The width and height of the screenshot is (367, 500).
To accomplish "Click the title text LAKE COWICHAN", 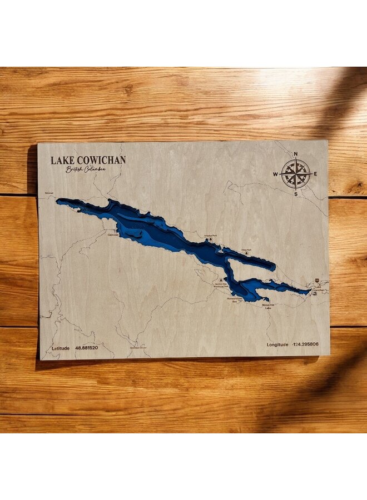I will click(88, 160).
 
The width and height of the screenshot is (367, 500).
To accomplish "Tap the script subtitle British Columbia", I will click(85, 169).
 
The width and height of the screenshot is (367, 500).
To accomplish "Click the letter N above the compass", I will click(295, 153).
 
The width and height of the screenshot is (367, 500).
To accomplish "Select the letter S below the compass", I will click(296, 194).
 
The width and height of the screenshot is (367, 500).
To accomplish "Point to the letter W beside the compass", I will click(275, 174).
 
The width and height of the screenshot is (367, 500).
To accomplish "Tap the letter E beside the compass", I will click(316, 174).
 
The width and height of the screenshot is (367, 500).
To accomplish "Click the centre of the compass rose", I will click(296, 173).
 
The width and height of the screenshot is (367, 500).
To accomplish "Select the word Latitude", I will click(61, 348).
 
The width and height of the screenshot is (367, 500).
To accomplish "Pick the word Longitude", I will click(277, 344).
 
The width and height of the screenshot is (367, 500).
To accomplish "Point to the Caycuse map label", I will click(113, 234).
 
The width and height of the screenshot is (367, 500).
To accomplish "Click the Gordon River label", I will click(137, 348).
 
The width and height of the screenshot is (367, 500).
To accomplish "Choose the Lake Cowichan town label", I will click(318, 289).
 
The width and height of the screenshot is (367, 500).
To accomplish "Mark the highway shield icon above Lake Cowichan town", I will click(318, 281).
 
